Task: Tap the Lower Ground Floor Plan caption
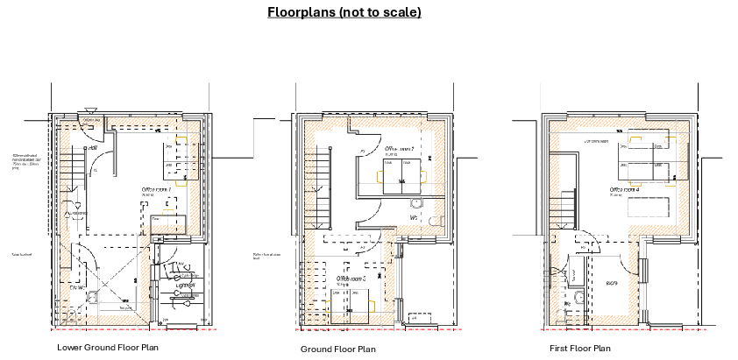tap(108, 348)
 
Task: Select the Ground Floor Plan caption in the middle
tap(337, 349)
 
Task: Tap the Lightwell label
tap(184, 285)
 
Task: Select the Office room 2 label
tap(401, 149)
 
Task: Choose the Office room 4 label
tap(625, 189)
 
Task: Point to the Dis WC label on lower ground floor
tap(76, 286)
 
